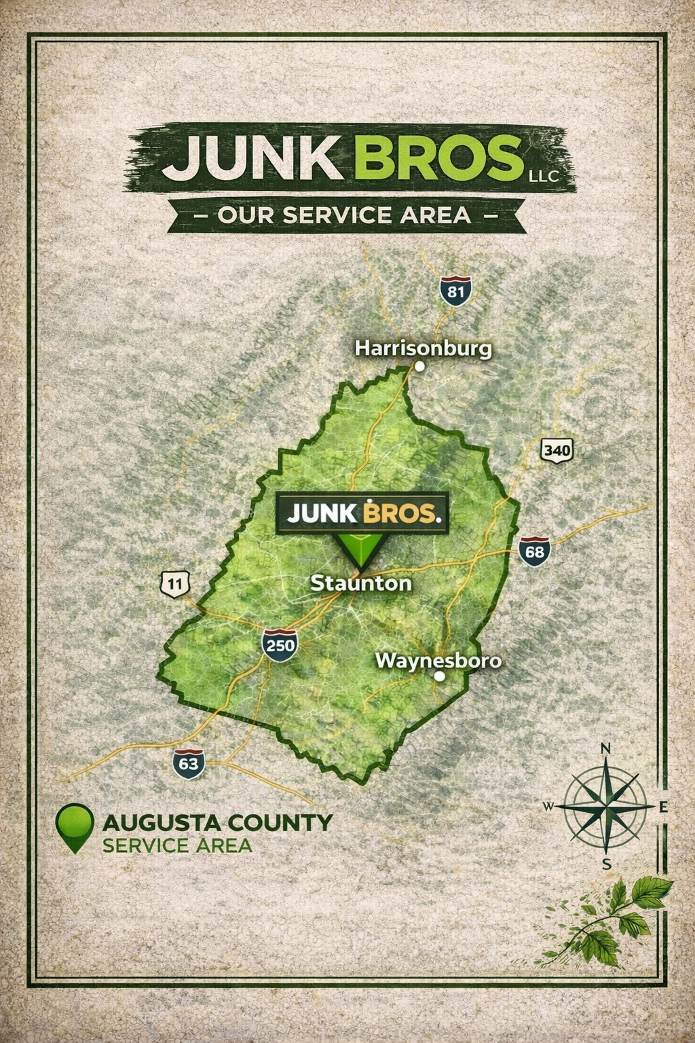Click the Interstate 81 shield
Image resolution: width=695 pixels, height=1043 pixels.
tap(455, 291)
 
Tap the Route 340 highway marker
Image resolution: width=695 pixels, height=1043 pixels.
tap(557, 450)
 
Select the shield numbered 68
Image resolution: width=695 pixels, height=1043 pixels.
tap(534, 551)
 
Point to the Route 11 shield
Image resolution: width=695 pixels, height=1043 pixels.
tap(174, 583)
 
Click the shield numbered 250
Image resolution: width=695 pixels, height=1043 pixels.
tap(280, 644)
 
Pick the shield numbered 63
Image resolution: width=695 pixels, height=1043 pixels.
tap(189, 764)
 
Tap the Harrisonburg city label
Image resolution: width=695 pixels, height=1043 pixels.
tap(424, 349)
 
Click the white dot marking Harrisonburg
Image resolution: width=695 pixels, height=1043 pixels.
tap(419, 367)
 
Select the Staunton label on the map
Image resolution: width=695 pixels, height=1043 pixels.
tap(360, 583)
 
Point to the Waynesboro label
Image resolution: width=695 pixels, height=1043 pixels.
tap(438, 660)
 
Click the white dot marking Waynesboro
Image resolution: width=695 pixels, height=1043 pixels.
tap(439, 676)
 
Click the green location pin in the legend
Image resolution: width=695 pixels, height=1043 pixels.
tap(75, 826)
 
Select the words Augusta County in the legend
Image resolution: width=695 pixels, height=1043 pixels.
tap(217, 823)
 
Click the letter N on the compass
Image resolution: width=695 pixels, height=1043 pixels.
tap(606, 749)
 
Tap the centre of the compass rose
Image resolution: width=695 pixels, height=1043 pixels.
tap(606, 806)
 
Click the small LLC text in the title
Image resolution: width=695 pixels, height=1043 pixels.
tap(543, 177)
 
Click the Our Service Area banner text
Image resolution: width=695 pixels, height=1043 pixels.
tap(345, 215)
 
